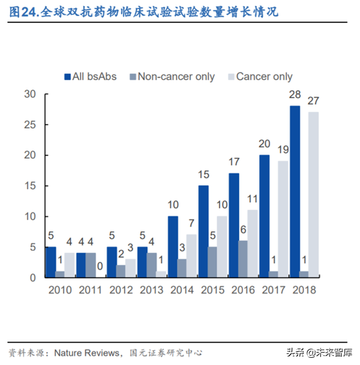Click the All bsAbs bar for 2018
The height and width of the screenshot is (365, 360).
[295, 192]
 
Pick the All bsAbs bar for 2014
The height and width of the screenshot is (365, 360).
[173, 247]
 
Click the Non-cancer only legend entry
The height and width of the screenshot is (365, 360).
[169, 77]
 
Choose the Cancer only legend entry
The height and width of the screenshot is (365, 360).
[258, 77]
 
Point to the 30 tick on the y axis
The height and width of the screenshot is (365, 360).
[29, 94]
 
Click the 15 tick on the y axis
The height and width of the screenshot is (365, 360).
[29, 186]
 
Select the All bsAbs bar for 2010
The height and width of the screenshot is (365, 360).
[51, 262]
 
